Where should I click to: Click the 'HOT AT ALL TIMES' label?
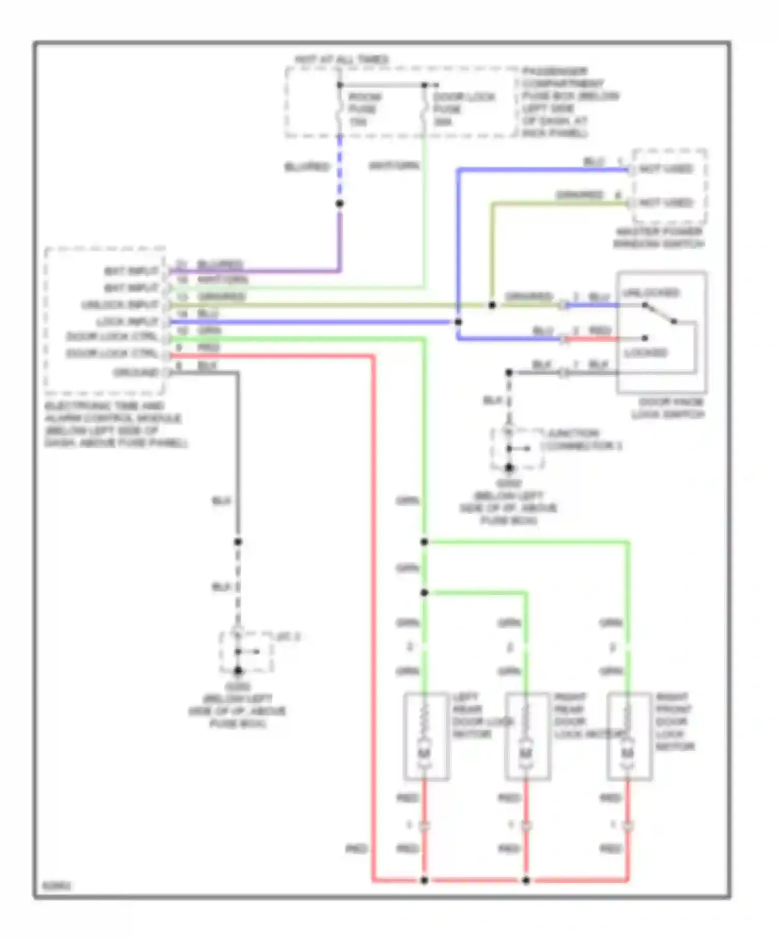click(342, 60)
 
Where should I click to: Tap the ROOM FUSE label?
click(364, 109)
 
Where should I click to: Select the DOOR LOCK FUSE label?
click(463, 109)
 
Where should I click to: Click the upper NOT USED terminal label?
click(666, 169)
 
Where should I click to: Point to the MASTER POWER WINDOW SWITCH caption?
click(659, 238)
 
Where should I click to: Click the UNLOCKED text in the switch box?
click(650, 293)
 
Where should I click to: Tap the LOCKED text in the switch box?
click(646, 353)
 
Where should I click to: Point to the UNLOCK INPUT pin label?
click(120, 305)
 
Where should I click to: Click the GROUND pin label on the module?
click(136, 373)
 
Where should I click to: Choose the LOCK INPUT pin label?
click(127, 322)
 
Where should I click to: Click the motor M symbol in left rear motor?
click(424, 752)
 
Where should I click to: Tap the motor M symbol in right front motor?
click(628, 752)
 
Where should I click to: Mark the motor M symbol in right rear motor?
click(526, 752)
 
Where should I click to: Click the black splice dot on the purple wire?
click(340, 204)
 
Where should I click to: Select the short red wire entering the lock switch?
click(591, 339)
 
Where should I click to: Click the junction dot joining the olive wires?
click(492, 305)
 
